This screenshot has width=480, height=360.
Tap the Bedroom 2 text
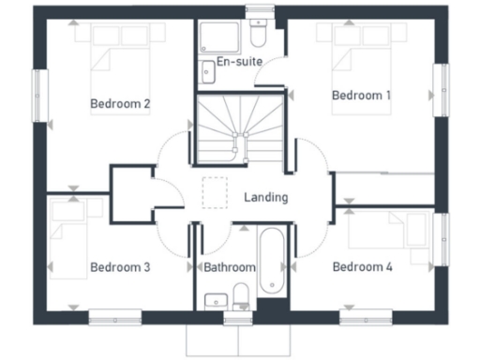tap(120, 103)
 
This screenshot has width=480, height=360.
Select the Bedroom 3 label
tap(120, 267)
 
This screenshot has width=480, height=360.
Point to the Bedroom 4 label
tap(362, 267)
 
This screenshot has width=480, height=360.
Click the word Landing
tap(265, 198)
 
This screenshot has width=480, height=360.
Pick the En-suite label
tap(238, 62)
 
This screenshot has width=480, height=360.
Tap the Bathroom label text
tap(230, 267)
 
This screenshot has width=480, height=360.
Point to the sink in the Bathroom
tap(215, 301)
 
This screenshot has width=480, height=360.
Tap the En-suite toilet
tap(258, 36)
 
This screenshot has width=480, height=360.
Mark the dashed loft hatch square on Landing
tap(215, 190)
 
